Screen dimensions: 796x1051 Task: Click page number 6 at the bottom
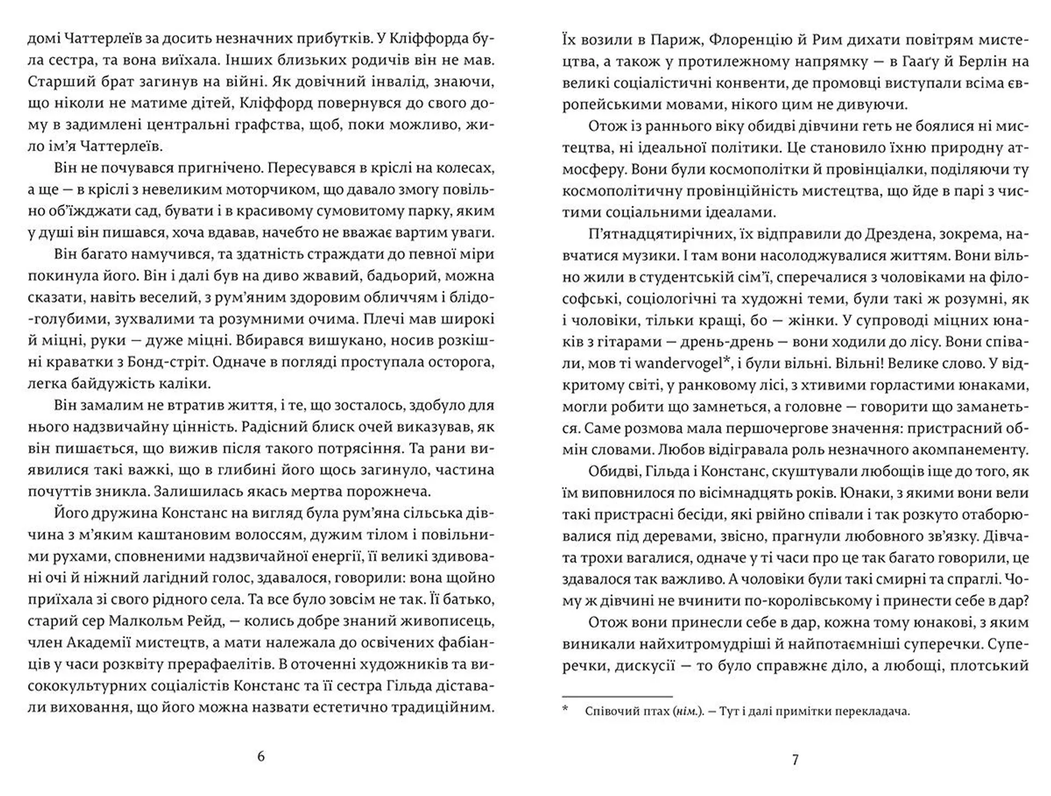261,757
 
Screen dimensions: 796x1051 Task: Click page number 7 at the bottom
795,760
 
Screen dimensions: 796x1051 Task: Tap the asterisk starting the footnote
565,711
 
